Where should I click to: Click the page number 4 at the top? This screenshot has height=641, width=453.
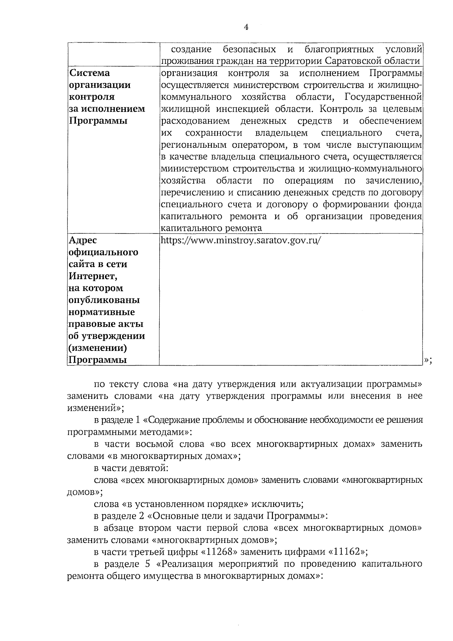pos(246,27)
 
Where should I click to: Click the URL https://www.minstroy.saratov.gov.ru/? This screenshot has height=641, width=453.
pos(241,241)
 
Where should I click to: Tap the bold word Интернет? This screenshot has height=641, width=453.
pos(93,276)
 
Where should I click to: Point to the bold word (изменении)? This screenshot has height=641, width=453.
pos(97,348)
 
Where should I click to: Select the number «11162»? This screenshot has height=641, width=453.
pos(347,552)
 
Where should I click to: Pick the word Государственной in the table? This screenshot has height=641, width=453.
pos(383,97)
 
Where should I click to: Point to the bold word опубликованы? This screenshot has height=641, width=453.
pos(104,300)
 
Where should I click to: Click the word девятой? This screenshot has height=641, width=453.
pos(151,468)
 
